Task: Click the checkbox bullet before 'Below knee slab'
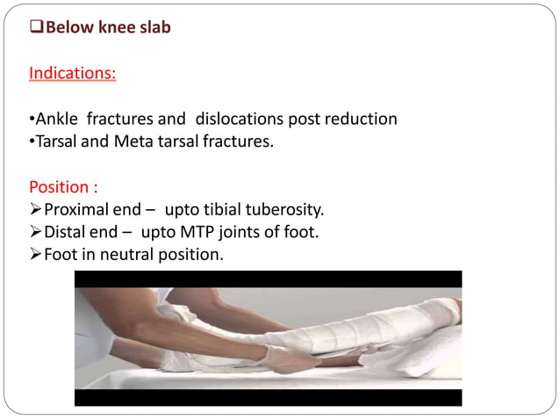[x=36, y=28]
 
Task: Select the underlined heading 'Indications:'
[x=72, y=73]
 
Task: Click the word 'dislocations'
[x=239, y=119]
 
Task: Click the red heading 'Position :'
[x=58, y=187]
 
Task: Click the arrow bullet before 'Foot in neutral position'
[x=36, y=256]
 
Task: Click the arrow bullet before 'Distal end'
[x=36, y=233]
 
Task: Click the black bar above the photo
[x=268, y=279]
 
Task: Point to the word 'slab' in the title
[x=153, y=28]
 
